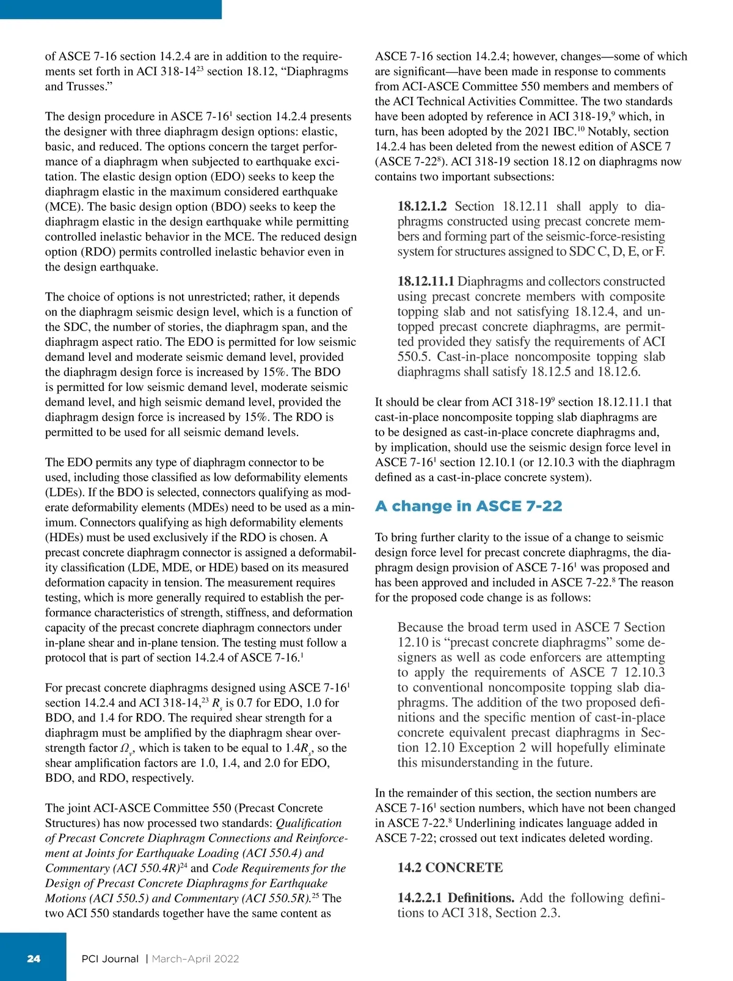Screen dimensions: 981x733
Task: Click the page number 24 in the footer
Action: click(34, 958)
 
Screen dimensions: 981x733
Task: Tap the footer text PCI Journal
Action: click(110, 958)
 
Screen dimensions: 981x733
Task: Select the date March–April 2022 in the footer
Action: click(195, 958)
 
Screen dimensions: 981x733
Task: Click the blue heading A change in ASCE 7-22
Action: click(469, 506)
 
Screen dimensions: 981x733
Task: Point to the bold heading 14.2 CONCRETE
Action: click(450, 867)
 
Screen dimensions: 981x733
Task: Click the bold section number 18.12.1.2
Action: click(422, 206)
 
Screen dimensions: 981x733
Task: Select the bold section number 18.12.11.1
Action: click(426, 282)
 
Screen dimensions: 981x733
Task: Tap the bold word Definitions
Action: click(481, 898)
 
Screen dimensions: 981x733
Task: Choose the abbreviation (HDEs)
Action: click(65, 538)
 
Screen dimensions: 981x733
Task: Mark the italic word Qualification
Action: click(308, 823)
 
